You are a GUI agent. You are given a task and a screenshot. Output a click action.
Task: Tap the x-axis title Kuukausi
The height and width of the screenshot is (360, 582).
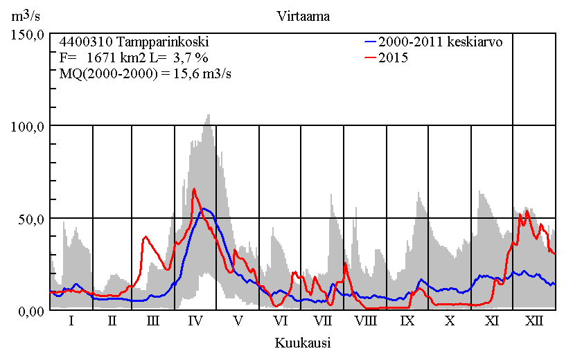(x=302, y=343)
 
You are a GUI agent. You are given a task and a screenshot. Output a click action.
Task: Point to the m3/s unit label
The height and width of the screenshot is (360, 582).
(x=26, y=17)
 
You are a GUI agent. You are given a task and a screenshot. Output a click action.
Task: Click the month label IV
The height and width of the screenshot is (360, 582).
(x=195, y=321)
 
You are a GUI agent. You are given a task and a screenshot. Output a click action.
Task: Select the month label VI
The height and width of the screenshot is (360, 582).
(x=280, y=321)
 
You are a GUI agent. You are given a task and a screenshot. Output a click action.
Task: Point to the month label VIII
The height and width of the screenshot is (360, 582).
(x=365, y=321)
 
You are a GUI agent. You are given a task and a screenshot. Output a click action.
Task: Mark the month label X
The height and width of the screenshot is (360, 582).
(x=450, y=321)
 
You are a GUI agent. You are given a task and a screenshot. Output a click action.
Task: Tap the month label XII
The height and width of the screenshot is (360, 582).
(x=534, y=321)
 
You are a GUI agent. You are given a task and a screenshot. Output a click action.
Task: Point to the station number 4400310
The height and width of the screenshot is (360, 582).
(x=83, y=42)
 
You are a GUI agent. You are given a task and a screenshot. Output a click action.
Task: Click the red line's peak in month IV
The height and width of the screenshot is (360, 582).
(x=194, y=189)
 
